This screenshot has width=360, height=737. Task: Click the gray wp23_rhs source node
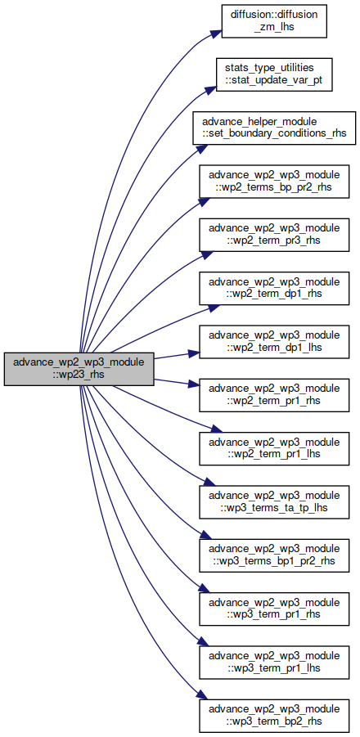point(79,369)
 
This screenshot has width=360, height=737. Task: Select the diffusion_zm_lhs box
point(274,20)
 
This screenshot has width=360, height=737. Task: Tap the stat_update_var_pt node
point(274,74)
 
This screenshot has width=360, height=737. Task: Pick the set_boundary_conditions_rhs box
point(274,128)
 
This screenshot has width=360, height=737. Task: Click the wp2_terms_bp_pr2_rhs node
point(274,182)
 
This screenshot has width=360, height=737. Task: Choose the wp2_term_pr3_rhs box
point(274,235)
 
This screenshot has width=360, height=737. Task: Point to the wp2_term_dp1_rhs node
point(274,288)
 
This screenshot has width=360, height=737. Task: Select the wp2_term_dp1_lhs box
point(274,342)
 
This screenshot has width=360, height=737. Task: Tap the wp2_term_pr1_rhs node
point(274,395)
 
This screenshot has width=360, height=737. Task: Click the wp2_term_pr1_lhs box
point(274,449)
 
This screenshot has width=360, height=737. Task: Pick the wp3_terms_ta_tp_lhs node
point(274,502)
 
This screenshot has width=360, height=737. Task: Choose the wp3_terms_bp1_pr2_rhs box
point(274,555)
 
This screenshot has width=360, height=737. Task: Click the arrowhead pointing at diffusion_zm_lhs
point(216,33)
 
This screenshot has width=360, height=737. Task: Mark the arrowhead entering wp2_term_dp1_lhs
point(193,353)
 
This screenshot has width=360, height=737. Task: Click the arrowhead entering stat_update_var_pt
point(210,88)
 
